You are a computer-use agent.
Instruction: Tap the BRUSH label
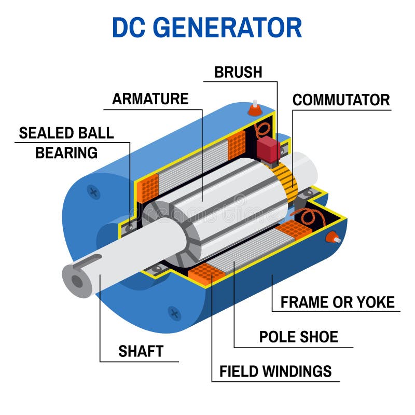[x=238, y=72]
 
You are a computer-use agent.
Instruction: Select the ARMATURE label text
[x=150, y=99]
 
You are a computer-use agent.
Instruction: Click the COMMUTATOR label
[x=341, y=100]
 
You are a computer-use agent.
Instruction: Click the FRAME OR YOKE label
[x=337, y=302]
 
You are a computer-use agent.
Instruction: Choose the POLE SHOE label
[x=298, y=337]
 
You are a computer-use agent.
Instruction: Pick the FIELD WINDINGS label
[x=275, y=371]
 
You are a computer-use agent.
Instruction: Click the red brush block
[x=268, y=147]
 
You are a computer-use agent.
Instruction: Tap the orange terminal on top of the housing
[x=254, y=109]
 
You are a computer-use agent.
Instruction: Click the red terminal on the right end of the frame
[x=330, y=238]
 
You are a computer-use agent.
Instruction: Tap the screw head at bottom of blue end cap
[x=174, y=313]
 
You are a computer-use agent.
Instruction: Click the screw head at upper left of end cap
[x=94, y=192]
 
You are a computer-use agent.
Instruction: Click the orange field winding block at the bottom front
[x=207, y=272]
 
